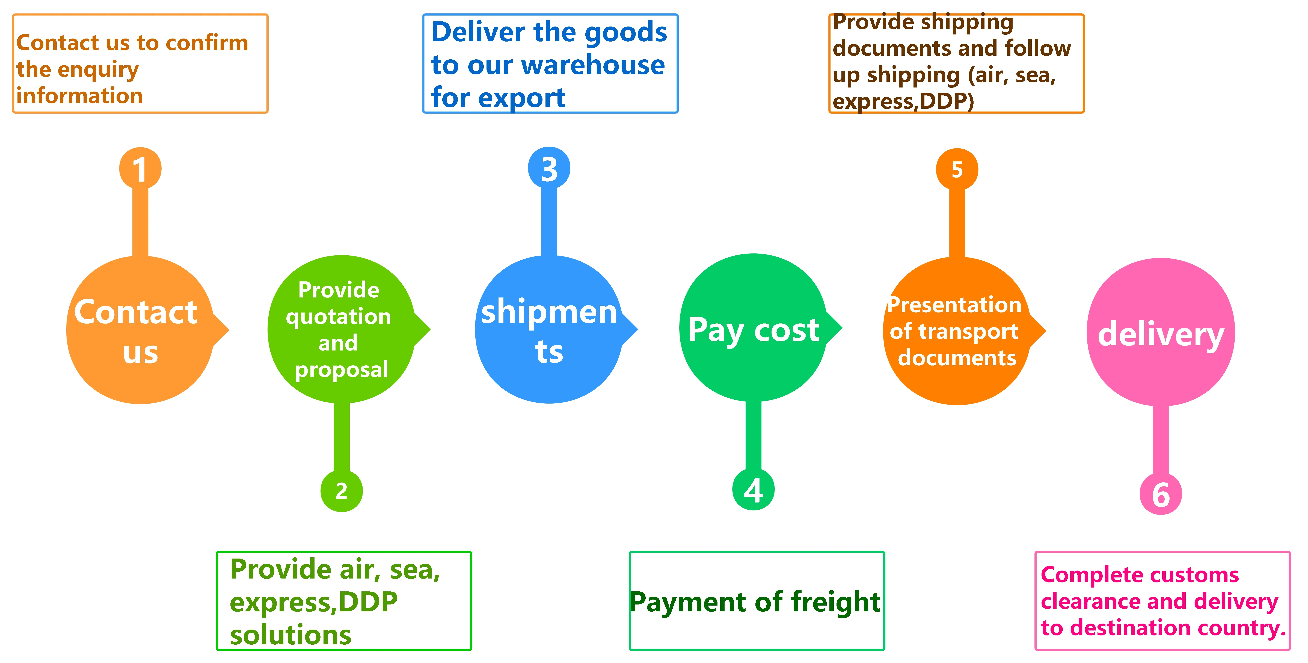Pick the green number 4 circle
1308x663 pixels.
pos(754,490)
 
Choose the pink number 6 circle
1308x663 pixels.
pos(1161,494)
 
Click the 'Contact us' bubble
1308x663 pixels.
pos(140,330)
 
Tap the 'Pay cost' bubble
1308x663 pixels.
pos(754,329)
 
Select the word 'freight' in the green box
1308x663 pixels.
pos(835,602)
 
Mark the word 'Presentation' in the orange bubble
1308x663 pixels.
pos(955,305)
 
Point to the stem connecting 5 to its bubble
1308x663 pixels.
pos(957,224)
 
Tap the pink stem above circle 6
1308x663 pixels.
pos(1161,439)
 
